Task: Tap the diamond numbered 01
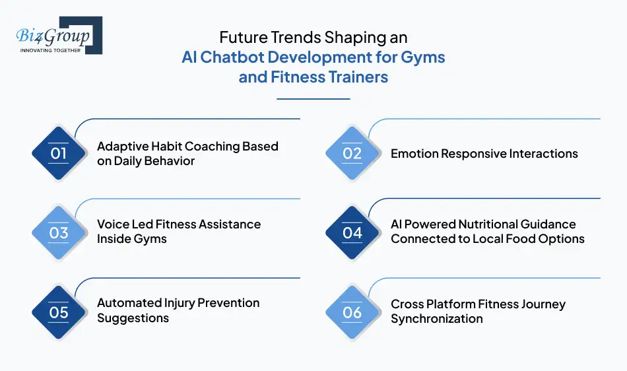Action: click(x=59, y=154)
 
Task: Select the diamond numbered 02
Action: click(x=352, y=154)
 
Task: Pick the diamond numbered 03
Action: click(x=59, y=232)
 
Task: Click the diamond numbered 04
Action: click(x=352, y=232)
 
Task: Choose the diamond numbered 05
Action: click(x=59, y=312)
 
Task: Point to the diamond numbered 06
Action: click(x=352, y=312)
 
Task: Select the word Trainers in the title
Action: click(x=354, y=77)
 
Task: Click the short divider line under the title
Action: click(x=313, y=99)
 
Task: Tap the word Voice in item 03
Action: click(x=113, y=224)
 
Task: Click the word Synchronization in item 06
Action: click(x=437, y=319)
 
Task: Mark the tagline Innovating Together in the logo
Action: click(x=50, y=50)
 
